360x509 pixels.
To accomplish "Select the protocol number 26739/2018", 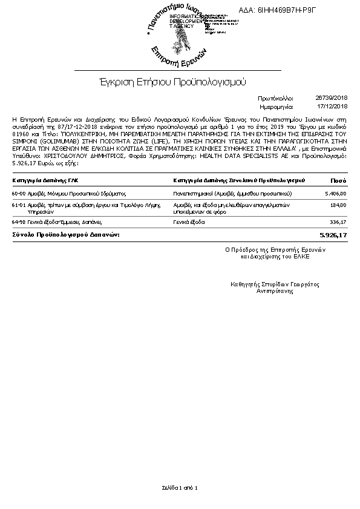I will (332, 97).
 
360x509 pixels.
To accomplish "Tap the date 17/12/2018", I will (335, 106).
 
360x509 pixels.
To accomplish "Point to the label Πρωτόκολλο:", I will (275, 97).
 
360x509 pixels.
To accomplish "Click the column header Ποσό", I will (338, 180).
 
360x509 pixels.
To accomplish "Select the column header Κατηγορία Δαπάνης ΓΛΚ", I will (45, 180).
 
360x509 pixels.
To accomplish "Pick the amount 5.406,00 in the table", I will (335, 194).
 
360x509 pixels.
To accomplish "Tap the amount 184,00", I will (338, 205).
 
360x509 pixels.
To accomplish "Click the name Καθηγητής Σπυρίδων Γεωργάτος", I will (275, 284).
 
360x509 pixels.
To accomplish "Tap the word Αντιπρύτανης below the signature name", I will (275, 291).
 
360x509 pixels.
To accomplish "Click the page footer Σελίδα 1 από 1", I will (180, 487).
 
